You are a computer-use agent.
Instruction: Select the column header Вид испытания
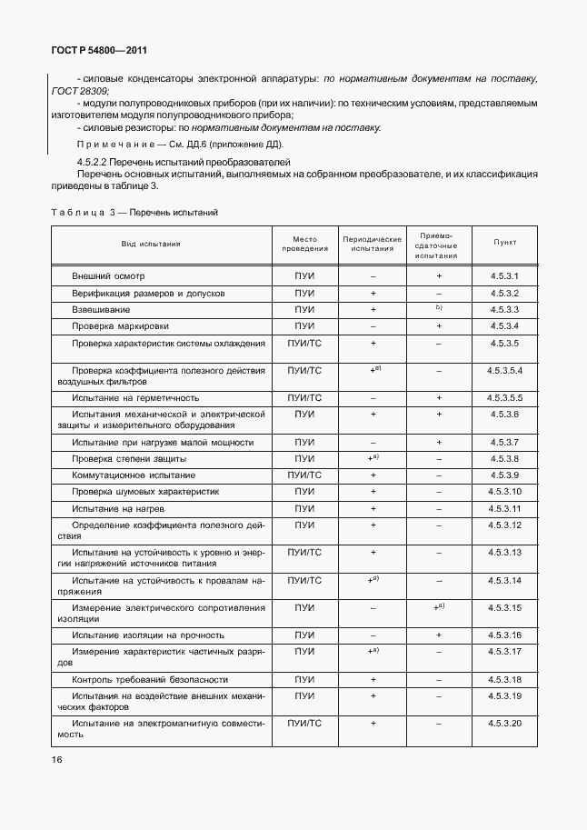(151, 244)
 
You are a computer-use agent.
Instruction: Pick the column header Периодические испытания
(373, 244)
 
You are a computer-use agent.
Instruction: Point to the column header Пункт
(504, 244)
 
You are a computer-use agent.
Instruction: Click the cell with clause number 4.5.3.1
(504, 275)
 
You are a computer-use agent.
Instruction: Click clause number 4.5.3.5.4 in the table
(504, 371)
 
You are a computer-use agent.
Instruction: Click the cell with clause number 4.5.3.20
(504, 724)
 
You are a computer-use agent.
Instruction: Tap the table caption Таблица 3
(82, 212)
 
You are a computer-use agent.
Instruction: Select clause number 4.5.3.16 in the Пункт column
(504, 635)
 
